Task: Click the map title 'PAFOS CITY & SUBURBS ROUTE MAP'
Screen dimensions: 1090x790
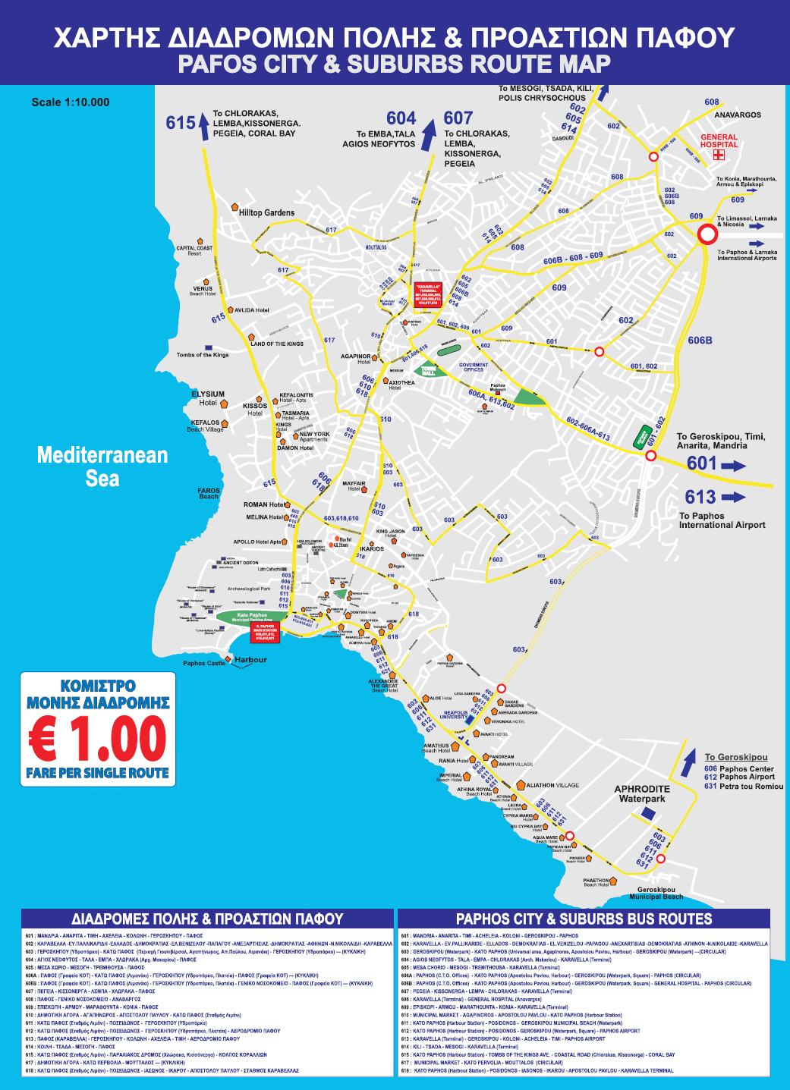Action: (x=394, y=64)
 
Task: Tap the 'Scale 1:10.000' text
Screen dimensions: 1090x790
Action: (x=71, y=102)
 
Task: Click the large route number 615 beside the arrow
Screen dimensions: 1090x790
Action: (x=181, y=123)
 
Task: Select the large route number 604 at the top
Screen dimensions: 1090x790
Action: (x=401, y=118)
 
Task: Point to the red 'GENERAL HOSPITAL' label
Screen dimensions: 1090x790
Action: (x=719, y=141)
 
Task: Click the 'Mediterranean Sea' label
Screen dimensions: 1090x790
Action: (x=102, y=466)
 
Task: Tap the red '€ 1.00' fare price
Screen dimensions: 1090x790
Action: (x=98, y=739)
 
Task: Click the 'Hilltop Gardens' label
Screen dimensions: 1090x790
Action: (x=266, y=212)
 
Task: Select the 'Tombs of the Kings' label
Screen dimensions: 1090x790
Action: (x=202, y=354)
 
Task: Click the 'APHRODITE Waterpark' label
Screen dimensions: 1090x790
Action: (x=642, y=793)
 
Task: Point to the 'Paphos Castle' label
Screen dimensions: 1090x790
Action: (x=204, y=663)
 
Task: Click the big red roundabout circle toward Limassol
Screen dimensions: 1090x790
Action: (x=707, y=234)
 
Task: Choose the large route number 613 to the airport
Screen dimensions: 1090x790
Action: (x=700, y=497)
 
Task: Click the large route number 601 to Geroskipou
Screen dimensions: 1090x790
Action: (x=701, y=463)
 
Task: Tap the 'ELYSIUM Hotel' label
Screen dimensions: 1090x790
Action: (x=208, y=398)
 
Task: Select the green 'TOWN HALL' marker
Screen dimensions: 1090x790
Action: (x=430, y=371)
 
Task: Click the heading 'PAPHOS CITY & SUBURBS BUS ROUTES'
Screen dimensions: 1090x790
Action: (x=584, y=919)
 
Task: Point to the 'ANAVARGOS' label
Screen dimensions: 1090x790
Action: (x=737, y=115)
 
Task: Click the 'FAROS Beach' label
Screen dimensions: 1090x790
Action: (x=209, y=493)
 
